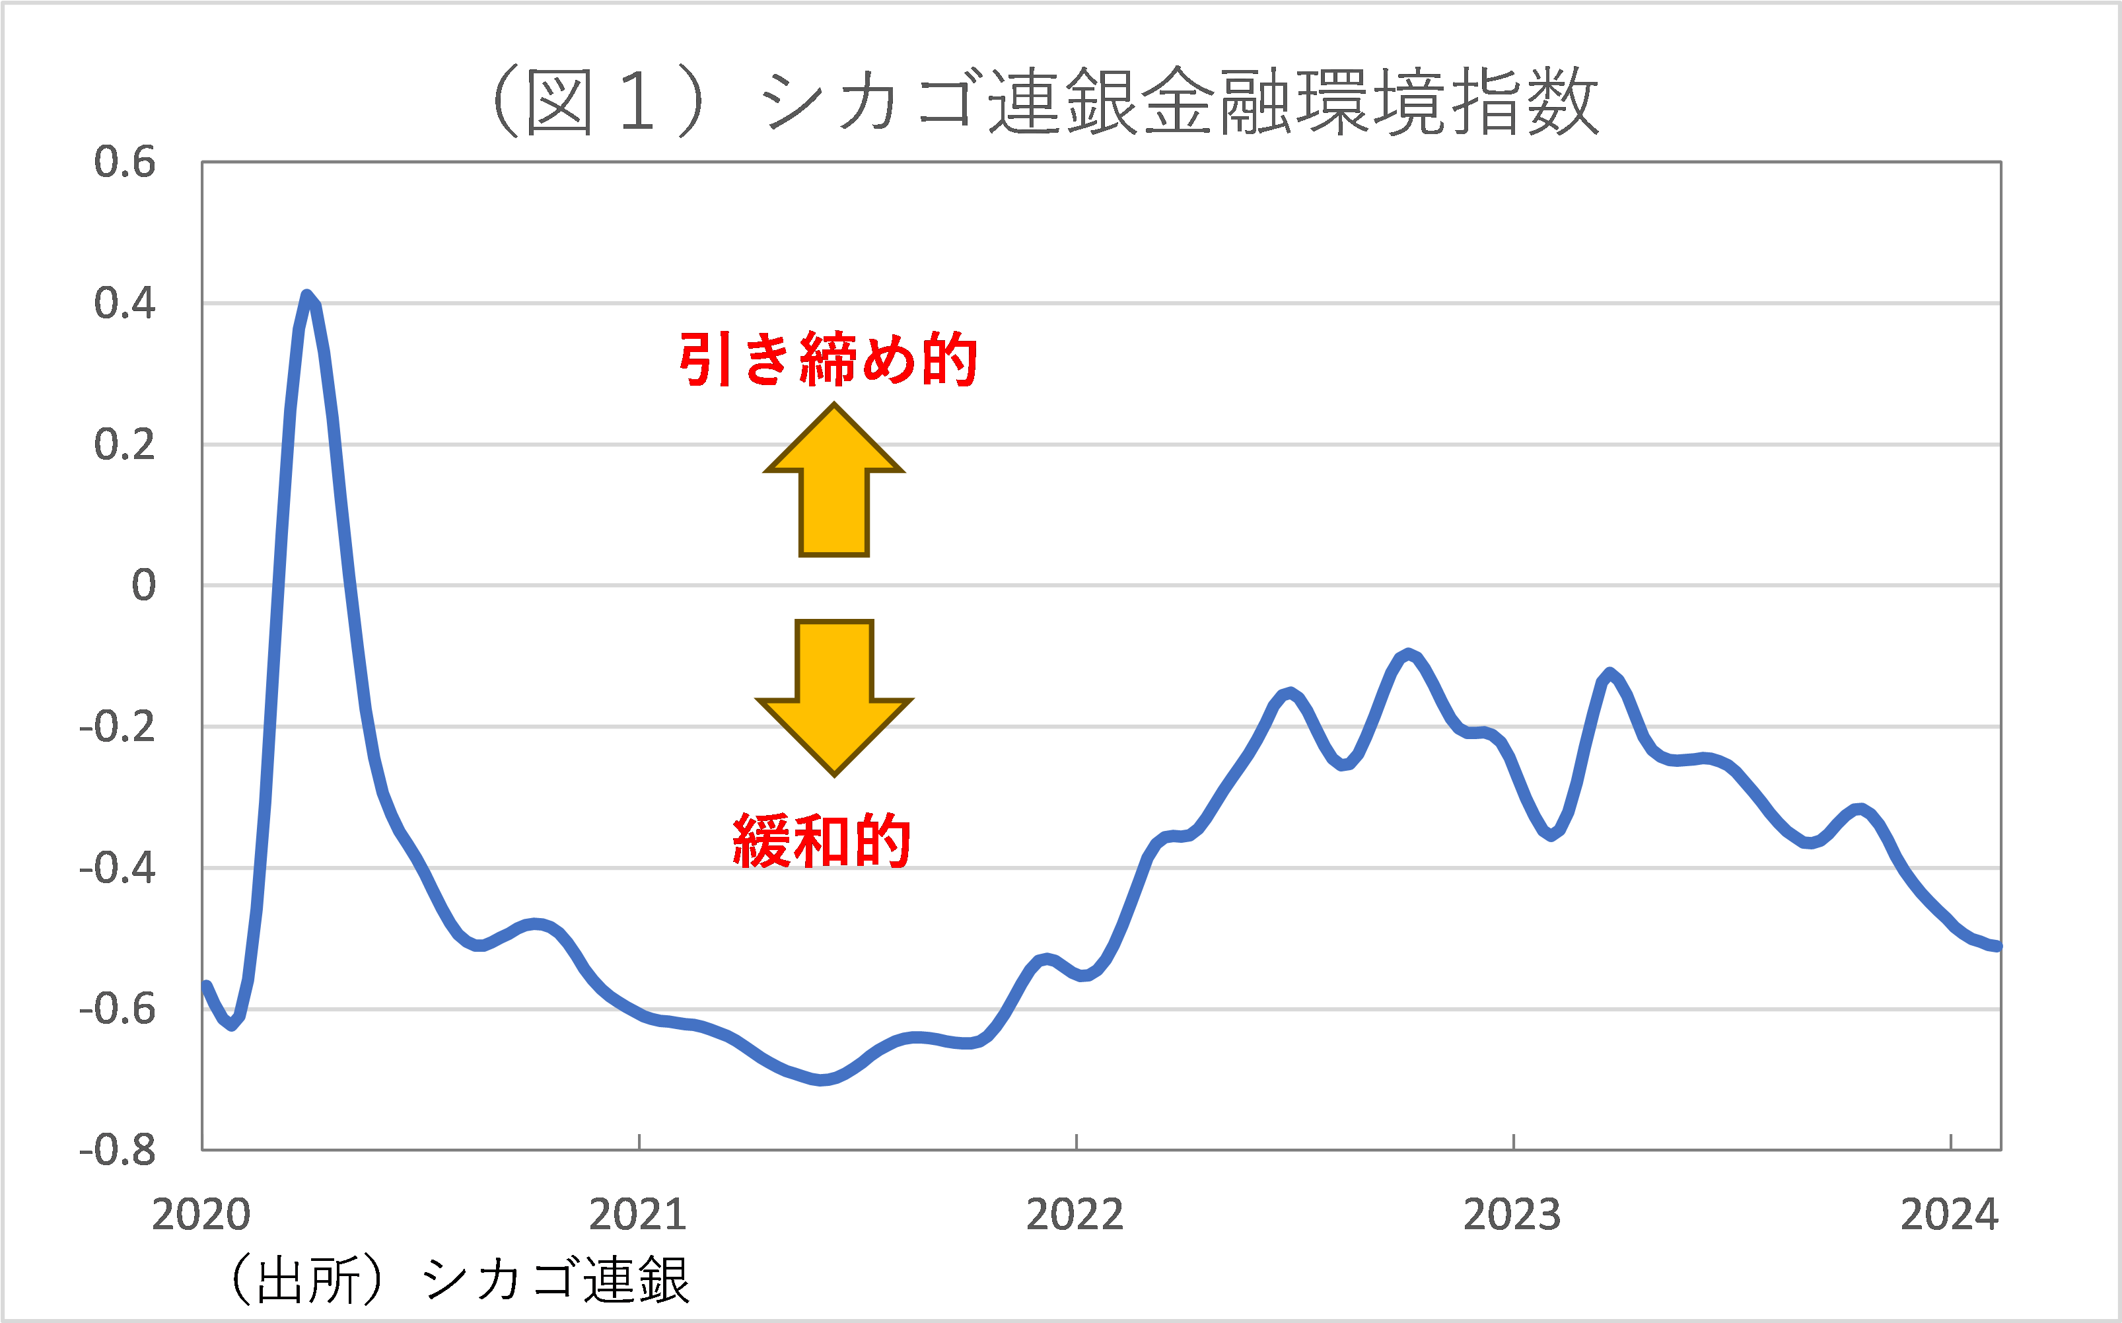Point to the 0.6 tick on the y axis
pos(124,162)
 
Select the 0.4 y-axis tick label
pos(124,304)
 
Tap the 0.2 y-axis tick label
pos(124,445)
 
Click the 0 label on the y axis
pos(143,585)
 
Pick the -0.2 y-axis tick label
pos(117,727)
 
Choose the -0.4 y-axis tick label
pos(117,869)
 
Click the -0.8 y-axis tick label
pos(117,1151)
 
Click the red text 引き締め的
pos(828,359)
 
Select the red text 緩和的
pos(822,841)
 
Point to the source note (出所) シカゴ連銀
pos(459,1280)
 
